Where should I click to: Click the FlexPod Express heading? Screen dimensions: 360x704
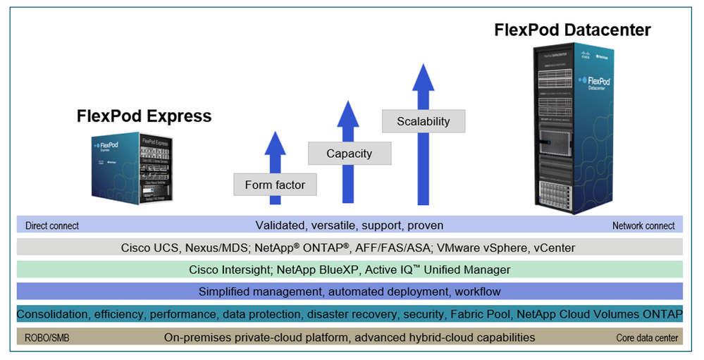coord(144,116)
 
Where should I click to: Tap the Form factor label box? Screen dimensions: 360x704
coord(275,185)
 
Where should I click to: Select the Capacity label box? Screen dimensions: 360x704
coord(349,154)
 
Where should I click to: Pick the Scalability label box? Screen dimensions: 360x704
coord(423,121)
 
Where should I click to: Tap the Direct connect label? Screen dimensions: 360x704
coord(52,226)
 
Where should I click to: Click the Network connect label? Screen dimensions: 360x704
coord(643,226)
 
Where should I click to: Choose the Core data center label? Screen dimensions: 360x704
coord(647,338)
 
